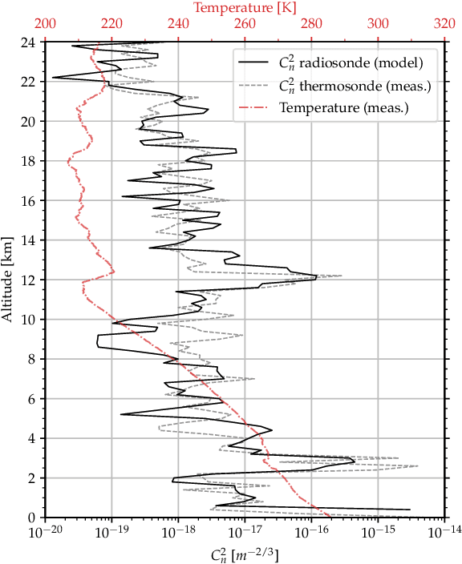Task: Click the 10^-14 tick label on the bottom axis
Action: point(444,531)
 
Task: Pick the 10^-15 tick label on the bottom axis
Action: point(378,531)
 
